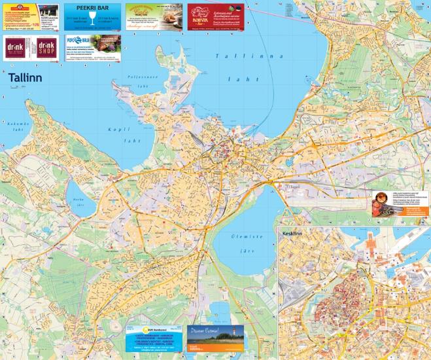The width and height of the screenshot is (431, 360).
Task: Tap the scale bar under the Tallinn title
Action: [x=26, y=88]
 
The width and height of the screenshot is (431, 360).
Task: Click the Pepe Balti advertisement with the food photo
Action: [x=93, y=47]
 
